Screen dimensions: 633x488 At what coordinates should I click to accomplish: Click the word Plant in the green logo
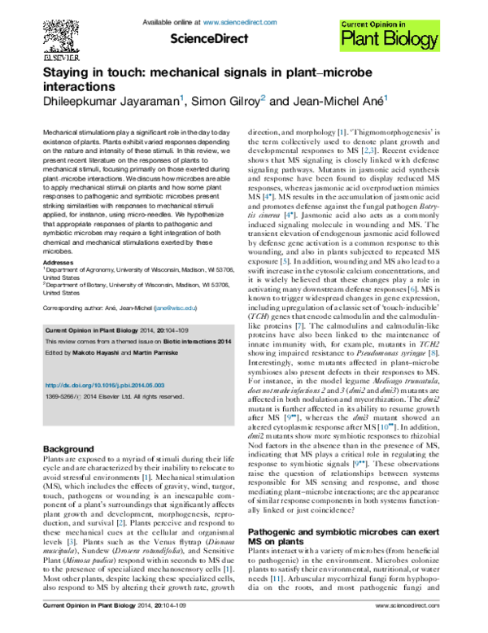[359, 38]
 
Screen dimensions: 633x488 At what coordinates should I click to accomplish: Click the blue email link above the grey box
[176, 308]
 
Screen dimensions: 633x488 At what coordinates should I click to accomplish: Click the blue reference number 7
[299, 325]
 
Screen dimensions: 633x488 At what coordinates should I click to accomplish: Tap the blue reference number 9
[434, 353]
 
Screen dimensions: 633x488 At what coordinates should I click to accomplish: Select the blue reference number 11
[277, 578]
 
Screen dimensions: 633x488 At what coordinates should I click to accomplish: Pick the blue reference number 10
[386, 427]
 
